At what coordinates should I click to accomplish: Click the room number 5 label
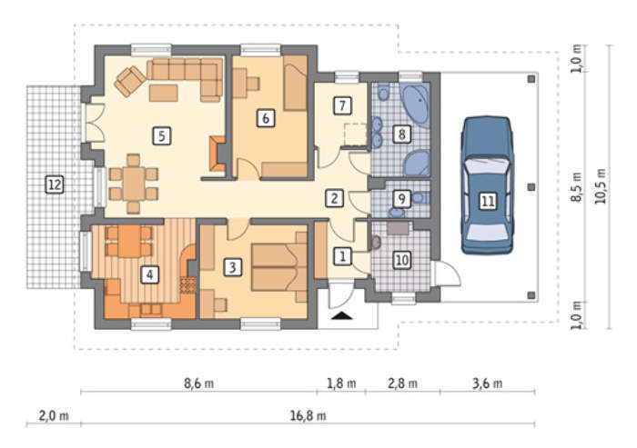pos(162,136)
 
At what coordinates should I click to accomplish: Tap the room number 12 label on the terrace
pos(55,184)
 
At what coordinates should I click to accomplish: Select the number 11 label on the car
pos(488,201)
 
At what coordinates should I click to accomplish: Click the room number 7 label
pos(342,105)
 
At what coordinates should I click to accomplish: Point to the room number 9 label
pos(401,198)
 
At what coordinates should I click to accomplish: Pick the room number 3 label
pos(232,267)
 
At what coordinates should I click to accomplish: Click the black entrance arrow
pos(341,315)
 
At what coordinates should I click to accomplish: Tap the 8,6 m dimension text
pos(198,383)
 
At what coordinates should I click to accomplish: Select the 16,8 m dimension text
pos(308,416)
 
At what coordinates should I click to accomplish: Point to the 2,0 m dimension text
pos(54,416)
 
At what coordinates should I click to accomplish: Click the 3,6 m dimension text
pos(487,383)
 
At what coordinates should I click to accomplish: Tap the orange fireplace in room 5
pos(217,154)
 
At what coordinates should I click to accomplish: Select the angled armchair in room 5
pos(130,81)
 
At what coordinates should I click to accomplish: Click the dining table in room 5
pos(134,184)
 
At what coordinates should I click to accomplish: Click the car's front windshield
pos(487,167)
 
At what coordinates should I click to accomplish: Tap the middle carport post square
pos(531,187)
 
